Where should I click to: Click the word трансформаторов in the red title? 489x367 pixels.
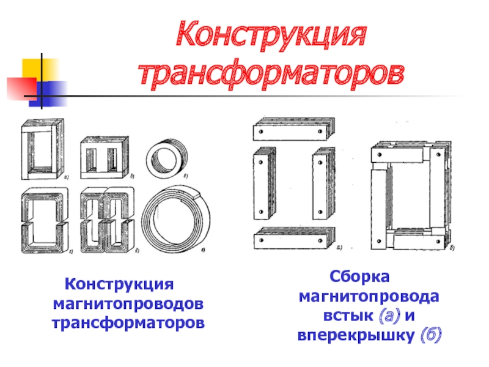(x=271, y=75)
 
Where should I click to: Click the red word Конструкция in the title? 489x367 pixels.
(x=271, y=35)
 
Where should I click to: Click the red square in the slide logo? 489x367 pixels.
(x=21, y=89)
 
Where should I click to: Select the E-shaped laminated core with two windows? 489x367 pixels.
(x=105, y=158)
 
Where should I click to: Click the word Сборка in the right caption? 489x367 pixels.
(x=359, y=276)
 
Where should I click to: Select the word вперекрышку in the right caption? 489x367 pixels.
(x=356, y=335)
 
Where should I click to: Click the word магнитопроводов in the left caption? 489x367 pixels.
(x=128, y=304)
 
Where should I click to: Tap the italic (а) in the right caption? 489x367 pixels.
(x=389, y=316)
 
